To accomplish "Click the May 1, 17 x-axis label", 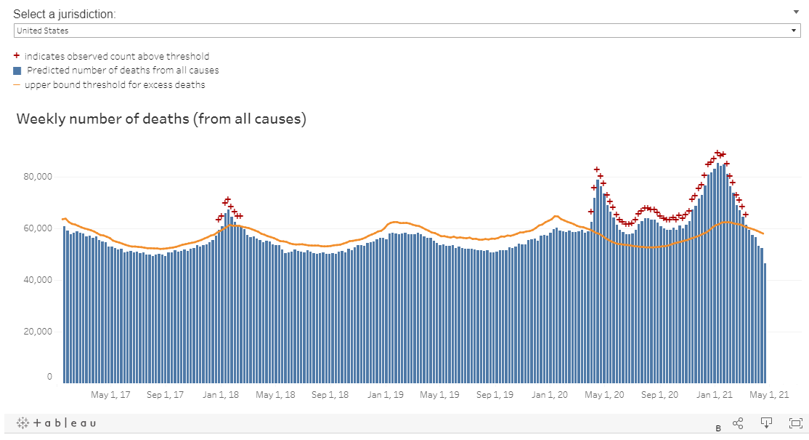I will coord(110,395).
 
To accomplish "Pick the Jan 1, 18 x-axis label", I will coord(221,395).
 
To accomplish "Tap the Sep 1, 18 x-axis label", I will coord(330,395).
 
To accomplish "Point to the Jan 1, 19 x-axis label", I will coord(386,395).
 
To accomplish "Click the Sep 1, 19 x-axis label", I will coord(495,395).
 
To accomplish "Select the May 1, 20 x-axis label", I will coord(604,395).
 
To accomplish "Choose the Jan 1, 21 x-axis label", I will coord(715,395).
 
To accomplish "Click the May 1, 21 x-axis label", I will coord(769,395).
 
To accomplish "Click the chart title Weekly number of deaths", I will coord(161,119).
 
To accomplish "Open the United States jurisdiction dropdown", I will coord(407,31).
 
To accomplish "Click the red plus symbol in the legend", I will coord(17,55).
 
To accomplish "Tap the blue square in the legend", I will coord(17,71).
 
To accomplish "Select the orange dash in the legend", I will coord(17,85).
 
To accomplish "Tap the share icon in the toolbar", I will coord(738,423).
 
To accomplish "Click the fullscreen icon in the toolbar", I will coord(796,423).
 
